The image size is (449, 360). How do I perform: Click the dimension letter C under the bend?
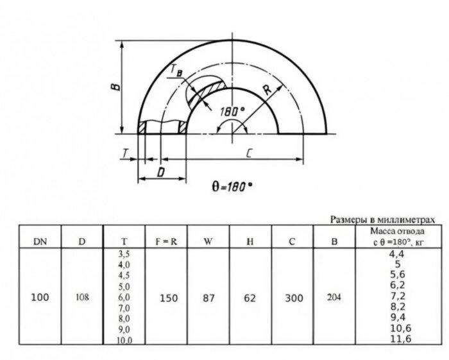click(x=246, y=152)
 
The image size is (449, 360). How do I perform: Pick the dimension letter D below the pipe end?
click(x=162, y=172)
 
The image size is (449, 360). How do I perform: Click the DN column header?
click(x=40, y=241)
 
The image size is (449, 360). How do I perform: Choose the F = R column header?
click(x=166, y=241)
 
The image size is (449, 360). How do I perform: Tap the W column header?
click(x=208, y=241)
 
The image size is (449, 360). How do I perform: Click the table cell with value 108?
click(x=81, y=298)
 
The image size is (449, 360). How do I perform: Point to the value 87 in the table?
click(x=208, y=298)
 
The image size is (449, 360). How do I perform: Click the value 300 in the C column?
click(x=293, y=298)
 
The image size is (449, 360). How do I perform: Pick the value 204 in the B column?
click(x=334, y=298)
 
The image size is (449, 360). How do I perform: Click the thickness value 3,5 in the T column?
click(x=124, y=255)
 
